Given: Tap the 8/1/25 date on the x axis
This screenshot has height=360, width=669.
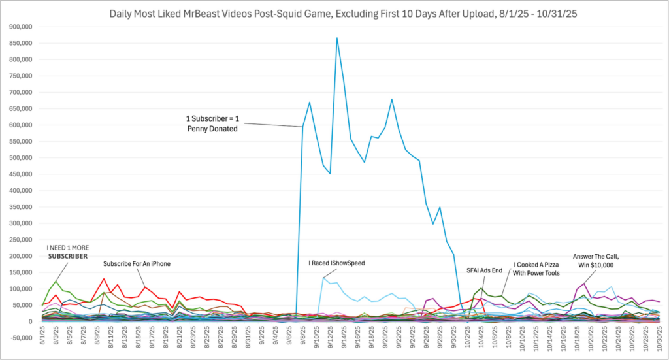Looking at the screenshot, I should pos(43,340).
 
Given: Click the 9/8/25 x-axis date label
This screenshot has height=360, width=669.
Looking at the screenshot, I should pos(303,340).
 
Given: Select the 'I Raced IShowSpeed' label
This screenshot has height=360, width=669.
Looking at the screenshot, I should pos(336,263).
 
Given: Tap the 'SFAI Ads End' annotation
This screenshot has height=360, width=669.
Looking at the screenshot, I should pos(484,269).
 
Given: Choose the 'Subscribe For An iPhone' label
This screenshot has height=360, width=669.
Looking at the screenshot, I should pos(137,264).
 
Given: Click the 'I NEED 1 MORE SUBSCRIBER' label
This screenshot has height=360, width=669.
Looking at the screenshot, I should pos(67,252).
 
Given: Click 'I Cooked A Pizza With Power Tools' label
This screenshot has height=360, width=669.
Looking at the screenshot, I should pos(536,269).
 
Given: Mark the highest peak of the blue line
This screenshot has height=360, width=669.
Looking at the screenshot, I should pos(337,38).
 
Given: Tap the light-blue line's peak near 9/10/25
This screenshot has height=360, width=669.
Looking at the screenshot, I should pos(323,278).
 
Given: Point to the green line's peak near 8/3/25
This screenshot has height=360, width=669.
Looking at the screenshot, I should pos(56,281).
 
